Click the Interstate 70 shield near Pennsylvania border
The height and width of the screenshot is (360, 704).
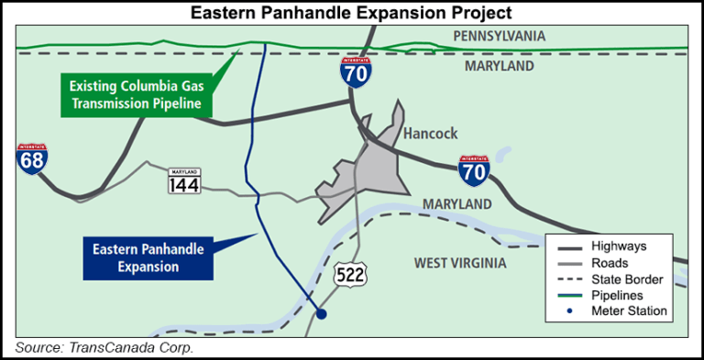356,71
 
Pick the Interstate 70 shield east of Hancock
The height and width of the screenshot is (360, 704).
473,170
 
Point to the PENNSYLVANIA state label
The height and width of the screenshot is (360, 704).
499,37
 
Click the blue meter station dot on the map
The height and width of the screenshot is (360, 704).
321,314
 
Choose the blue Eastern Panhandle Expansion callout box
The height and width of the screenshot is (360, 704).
148,257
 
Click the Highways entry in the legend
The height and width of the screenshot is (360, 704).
620,245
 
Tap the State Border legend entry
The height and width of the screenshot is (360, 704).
628,278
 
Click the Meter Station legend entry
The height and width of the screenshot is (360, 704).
629,311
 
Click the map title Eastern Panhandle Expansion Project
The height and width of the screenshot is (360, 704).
351,13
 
